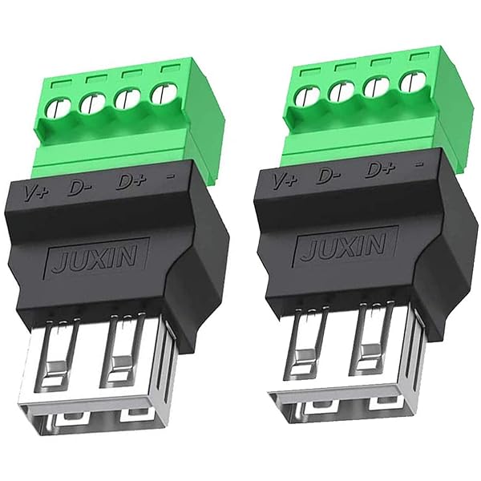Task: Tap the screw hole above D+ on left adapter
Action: [x=127, y=100]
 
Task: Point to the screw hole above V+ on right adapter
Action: [x=304, y=97]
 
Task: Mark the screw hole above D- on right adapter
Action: [x=340, y=94]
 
